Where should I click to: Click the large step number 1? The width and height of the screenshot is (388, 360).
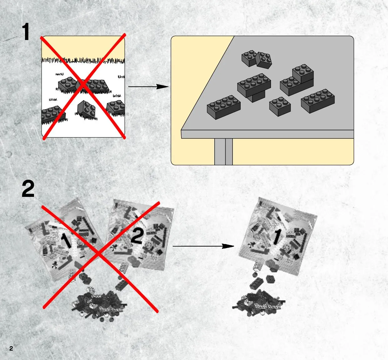(x=26, y=32)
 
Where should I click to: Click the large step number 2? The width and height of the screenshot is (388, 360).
(x=28, y=189)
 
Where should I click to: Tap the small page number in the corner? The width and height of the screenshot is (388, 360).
(x=11, y=348)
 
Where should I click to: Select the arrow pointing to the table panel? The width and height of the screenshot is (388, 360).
(x=149, y=87)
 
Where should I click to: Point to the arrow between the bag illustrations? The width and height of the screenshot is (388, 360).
(x=203, y=246)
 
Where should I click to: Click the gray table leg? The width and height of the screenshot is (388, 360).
(x=223, y=152)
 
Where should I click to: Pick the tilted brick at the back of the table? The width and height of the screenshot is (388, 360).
(x=264, y=60)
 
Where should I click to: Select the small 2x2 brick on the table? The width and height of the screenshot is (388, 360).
(x=280, y=107)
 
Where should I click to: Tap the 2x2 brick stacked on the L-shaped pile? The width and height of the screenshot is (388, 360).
(x=303, y=73)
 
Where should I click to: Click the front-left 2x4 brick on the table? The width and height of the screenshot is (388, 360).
(x=224, y=107)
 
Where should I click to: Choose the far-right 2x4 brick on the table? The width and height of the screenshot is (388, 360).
(x=318, y=101)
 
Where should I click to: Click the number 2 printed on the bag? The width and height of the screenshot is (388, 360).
(x=137, y=236)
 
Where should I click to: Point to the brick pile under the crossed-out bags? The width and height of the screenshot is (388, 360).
(x=99, y=305)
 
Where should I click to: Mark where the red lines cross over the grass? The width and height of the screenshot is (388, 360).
(x=83, y=84)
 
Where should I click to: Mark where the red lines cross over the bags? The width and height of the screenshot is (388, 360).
(x=99, y=253)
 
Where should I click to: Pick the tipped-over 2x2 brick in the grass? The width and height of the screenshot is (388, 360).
(x=86, y=109)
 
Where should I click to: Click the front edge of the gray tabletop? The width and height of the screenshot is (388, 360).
(x=268, y=134)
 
